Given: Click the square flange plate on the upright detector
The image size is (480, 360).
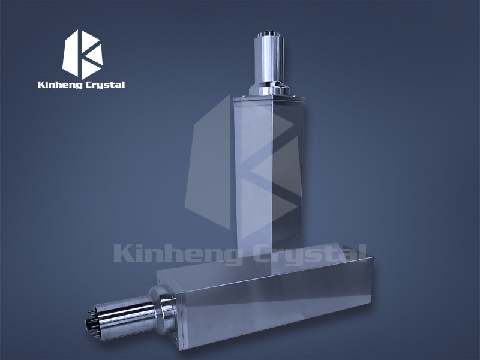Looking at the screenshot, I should pyautogui.click(x=266, y=96).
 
